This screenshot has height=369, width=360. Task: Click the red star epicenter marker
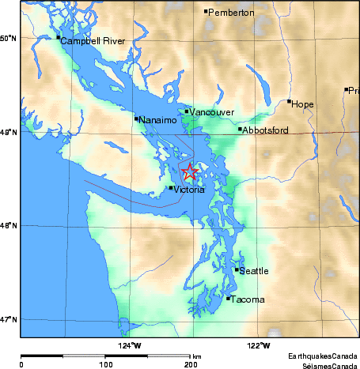click(x=189, y=171)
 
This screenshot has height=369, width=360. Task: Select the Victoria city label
click(x=190, y=190)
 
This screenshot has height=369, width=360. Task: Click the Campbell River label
click(x=93, y=40)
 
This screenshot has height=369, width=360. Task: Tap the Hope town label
click(x=303, y=104)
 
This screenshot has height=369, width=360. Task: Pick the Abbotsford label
click(x=265, y=130)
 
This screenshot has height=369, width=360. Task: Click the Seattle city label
click(x=254, y=271)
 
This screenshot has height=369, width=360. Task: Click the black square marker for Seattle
click(x=237, y=269)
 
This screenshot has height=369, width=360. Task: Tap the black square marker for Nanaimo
click(x=136, y=119)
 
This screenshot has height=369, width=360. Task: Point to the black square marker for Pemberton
click(x=206, y=11)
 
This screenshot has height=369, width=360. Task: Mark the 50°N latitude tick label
click(x=9, y=38)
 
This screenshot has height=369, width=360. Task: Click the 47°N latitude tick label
click(x=9, y=319)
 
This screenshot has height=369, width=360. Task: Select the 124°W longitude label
click(x=130, y=345)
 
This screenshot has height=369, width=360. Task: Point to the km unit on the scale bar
click(x=196, y=356)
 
